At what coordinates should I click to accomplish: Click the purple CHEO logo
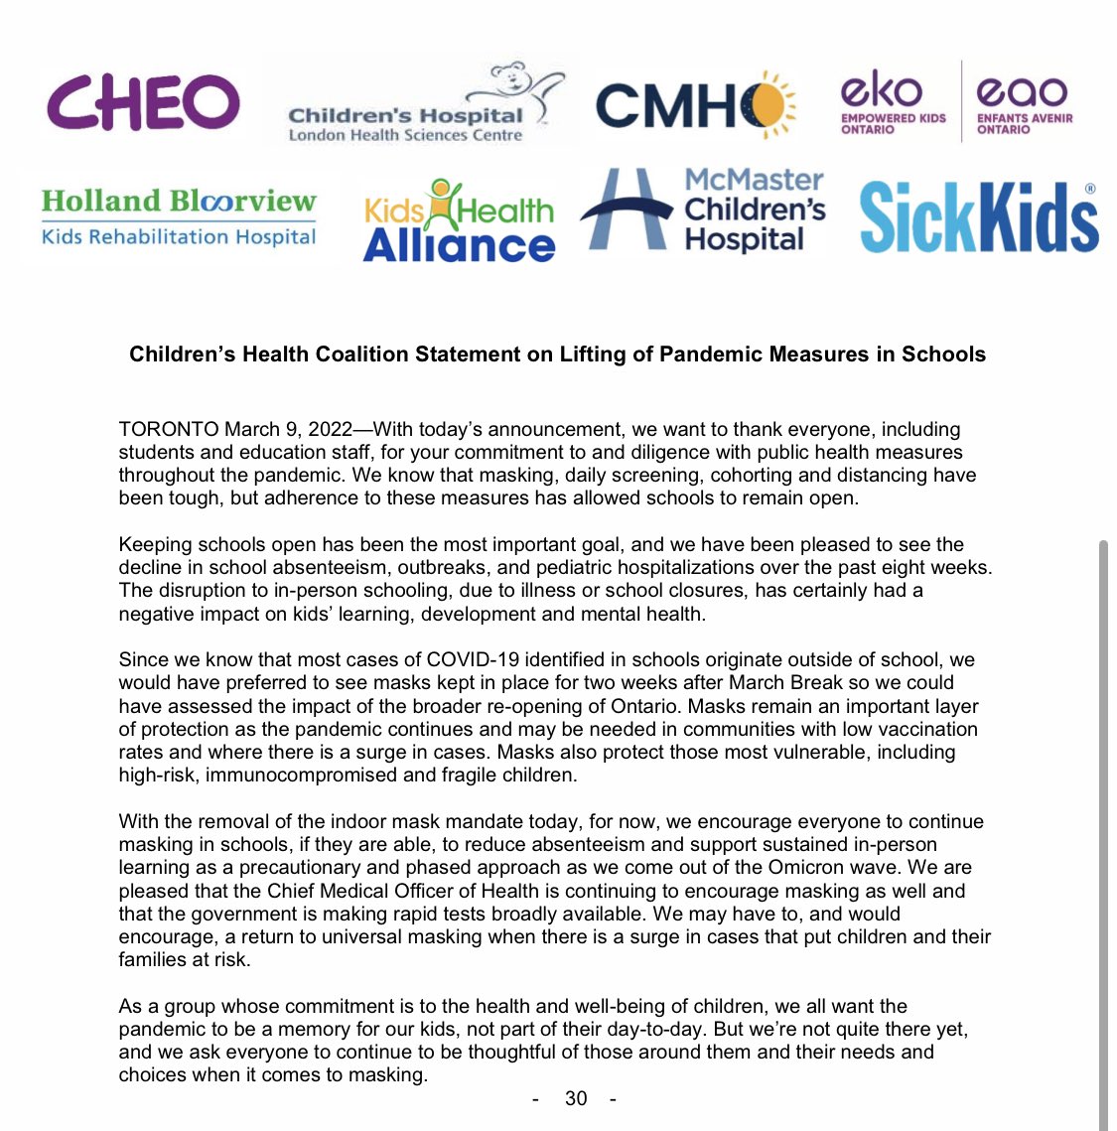[143, 103]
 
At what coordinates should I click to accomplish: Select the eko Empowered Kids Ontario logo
[893, 103]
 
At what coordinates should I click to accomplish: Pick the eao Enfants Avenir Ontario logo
[1024, 103]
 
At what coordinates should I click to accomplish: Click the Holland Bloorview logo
[179, 217]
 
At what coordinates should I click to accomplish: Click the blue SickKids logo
[978, 217]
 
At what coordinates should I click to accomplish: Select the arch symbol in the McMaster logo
[629, 210]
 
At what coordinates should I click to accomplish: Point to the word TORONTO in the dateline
[168, 429]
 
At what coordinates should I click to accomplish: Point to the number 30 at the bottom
[576, 1098]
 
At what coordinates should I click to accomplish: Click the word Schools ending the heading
[943, 354]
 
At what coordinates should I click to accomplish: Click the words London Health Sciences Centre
[405, 135]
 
